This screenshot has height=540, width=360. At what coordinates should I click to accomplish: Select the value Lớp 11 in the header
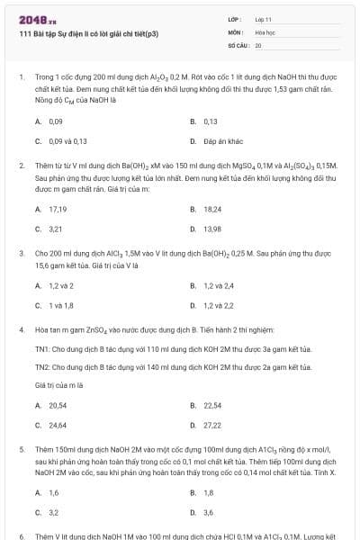[264, 18]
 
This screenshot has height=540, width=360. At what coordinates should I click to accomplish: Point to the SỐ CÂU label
[238, 44]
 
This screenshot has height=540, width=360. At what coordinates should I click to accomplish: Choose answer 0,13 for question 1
[211, 121]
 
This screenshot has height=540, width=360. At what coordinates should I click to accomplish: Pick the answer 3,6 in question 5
[209, 512]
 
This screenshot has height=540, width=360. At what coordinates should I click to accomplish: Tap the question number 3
[21, 255]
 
